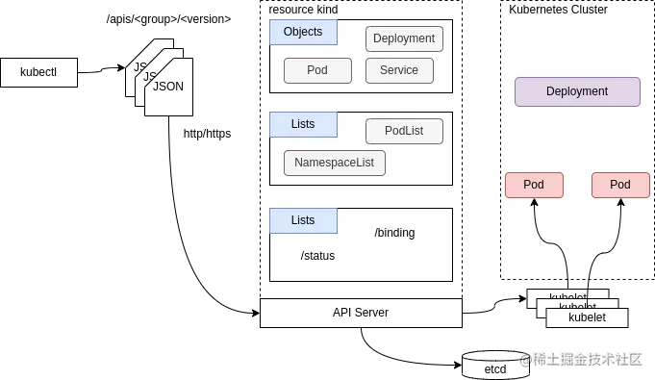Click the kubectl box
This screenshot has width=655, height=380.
point(38,73)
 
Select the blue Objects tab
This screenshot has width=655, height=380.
point(303,33)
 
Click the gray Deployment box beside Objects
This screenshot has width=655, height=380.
point(404,39)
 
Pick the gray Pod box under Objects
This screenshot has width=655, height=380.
point(317,71)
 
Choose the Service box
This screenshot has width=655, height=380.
point(399,71)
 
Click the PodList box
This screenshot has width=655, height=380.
point(404,131)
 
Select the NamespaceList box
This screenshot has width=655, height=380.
point(335,163)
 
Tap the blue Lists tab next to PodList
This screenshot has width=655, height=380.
point(303,125)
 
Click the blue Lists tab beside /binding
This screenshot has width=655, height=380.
point(303,221)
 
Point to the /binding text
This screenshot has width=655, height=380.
point(394,234)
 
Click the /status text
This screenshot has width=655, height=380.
point(317,256)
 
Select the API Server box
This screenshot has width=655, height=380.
point(361,313)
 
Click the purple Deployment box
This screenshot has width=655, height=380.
point(577,92)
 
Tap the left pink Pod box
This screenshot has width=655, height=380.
point(534,185)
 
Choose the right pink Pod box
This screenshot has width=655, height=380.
point(620,185)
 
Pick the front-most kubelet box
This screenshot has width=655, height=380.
point(587,317)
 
